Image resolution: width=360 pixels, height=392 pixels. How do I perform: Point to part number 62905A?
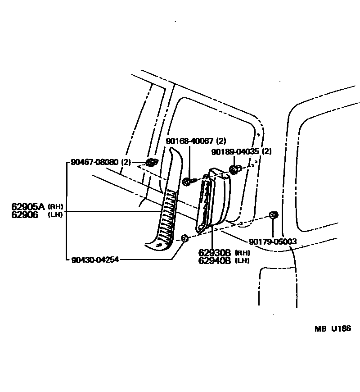click(28, 207)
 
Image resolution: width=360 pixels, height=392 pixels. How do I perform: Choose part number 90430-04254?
click(95, 260)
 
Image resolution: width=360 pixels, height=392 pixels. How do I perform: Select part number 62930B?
click(215, 253)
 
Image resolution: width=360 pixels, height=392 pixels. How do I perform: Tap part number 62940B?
click(215, 260)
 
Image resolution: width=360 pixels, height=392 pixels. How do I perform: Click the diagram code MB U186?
click(333, 328)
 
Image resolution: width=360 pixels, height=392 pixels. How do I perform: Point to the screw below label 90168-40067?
click(188, 182)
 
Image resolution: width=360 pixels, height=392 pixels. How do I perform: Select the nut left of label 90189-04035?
click(234, 170)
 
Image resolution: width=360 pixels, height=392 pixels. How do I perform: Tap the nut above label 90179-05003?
click(272, 215)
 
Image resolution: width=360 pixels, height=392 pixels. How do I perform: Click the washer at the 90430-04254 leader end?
click(184, 238)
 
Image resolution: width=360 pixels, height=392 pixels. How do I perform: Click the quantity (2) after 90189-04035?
click(267, 151)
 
